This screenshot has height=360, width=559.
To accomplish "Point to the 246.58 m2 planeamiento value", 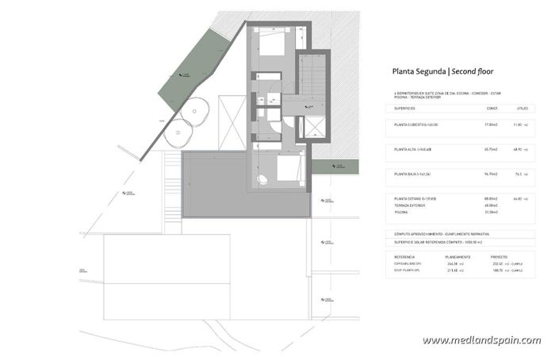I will [x=454, y=264].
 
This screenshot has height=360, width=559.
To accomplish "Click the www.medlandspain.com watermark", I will [x=481, y=340].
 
